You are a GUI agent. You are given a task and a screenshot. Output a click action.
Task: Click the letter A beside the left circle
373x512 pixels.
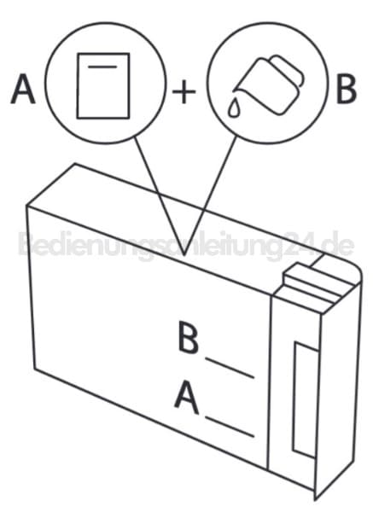pyautogui.click(x=23, y=89)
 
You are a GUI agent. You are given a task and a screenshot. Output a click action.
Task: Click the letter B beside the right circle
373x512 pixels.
pyautogui.click(x=347, y=89)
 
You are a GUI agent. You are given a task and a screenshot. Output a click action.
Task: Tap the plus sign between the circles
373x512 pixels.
pyautogui.click(x=184, y=92)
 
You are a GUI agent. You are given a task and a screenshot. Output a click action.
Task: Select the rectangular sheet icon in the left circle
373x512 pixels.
pyautogui.click(x=103, y=85)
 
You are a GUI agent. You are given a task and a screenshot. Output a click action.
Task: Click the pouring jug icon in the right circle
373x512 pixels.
pyautogui.click(x=270, y=84)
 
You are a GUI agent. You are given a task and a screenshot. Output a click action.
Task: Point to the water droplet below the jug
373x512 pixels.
pyautogui.click(x=234, y=108)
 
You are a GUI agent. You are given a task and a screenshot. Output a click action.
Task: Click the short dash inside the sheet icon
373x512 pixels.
pyautogui.click(x=102, y=67)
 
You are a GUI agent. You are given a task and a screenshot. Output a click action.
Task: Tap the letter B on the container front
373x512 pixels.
pyautogui.click(x=188, y=337)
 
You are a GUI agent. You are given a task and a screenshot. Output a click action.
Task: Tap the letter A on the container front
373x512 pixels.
pyautogui.click(x=186, y=397)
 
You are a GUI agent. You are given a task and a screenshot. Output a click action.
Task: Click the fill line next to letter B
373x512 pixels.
pyautogui.click(x=230, y=368)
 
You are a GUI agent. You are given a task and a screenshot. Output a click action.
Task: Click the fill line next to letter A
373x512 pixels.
pyautogui.click(x=230, y=426)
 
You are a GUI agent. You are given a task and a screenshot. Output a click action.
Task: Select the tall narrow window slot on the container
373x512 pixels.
pyautogui.click(x=305, y=399)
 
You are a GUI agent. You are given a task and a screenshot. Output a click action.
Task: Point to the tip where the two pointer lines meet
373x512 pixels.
pyautogui.click(x=184, y=255)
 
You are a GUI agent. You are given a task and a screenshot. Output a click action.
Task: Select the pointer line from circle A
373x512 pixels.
pyautogui.click(x=160, y=195)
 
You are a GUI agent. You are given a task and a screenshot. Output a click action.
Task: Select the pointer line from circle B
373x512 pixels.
pyautogui.click(x=210, y=195)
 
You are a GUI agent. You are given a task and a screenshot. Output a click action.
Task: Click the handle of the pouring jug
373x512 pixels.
pyautogui.click(x=288, y=68)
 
